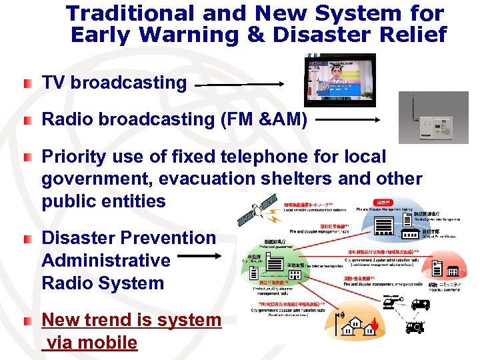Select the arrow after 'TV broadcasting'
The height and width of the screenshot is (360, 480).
tap(240, 85)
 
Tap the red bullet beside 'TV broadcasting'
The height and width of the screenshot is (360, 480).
tap(26, 84)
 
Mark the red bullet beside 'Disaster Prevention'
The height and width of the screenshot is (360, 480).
tap(26, 239)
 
